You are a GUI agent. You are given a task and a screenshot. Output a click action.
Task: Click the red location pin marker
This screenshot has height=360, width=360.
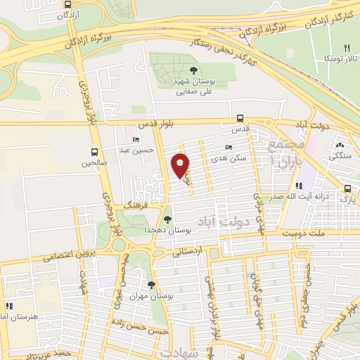181,165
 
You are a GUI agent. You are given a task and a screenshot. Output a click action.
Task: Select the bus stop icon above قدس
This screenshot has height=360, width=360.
240,118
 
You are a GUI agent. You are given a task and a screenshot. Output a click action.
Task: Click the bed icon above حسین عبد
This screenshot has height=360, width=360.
136,140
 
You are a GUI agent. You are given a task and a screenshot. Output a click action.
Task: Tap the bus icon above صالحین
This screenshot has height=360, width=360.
94,151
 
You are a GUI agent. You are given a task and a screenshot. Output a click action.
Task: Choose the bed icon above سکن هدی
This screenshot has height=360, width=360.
229,147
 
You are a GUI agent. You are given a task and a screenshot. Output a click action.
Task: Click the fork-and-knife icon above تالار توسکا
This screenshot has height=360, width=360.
347,47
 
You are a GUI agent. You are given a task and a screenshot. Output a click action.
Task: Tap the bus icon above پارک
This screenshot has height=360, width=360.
348,188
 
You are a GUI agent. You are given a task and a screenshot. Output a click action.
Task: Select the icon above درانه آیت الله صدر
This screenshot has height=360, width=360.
299,186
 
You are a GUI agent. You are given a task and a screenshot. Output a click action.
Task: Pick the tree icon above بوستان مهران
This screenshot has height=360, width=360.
151,285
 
